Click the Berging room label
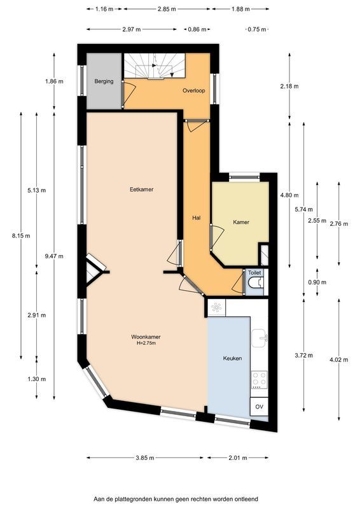click(104, 81)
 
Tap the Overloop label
click(194, 90)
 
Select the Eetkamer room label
click(142, 189)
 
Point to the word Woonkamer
click(146, 337)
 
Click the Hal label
click(196, 218)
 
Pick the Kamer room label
click(241, 222)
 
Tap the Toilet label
click(254, 273)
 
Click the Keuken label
click(232, 358)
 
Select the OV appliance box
click(259, 407)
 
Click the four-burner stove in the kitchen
click(260, 380)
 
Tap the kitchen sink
click(260, 338)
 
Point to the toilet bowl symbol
click(255, 283)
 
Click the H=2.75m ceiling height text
click(146, 343)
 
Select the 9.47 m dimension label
click(54, 256)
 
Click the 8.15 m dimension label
click(21, 235)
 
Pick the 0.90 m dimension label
click(317, 282)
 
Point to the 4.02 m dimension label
click(339, 359)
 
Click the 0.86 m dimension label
click(197, 29)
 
